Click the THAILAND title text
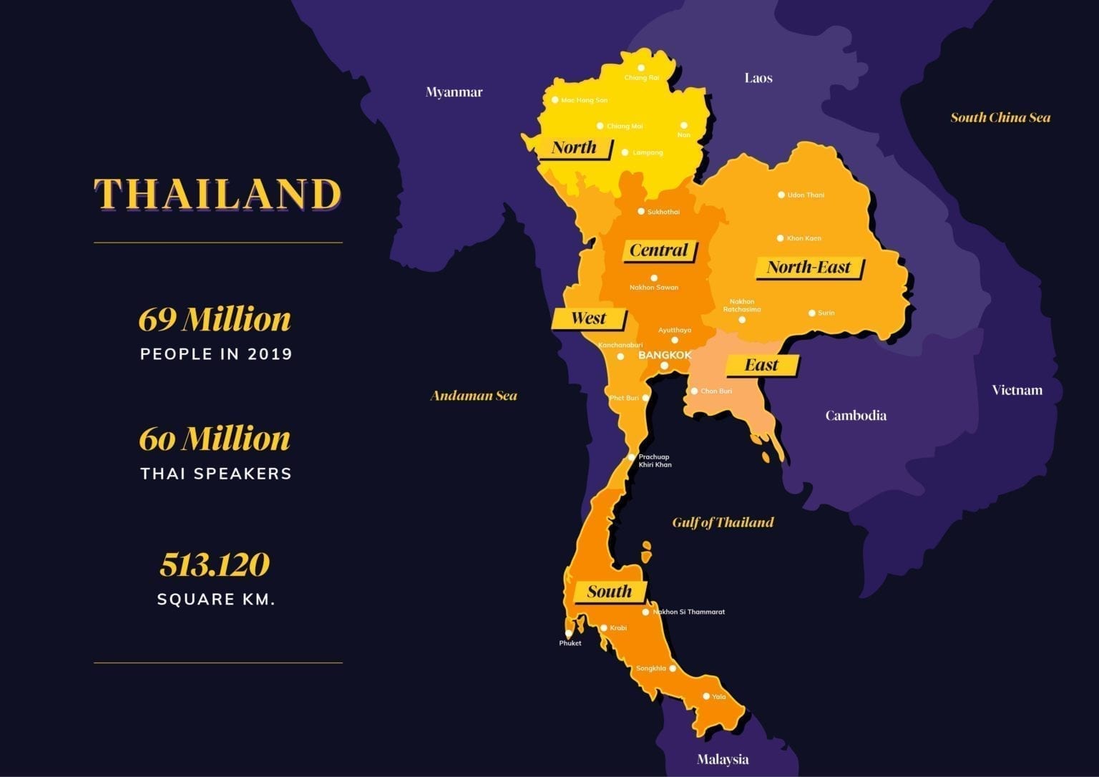point(218,194)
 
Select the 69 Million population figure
point(215,319)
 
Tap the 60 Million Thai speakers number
point(215,439)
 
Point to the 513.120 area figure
point(215,565)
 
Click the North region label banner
point(574,148)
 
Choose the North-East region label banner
point(809,268)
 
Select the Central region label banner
point(658,250)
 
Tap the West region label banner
point(588,318)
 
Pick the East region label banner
point(761,366)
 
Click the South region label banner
point(610,592)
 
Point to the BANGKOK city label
point(665,355)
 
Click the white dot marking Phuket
point(569,634)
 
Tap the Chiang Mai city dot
point(600,126)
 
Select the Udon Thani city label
point(806,195)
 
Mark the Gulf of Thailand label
point(723,522)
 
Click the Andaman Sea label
point(474,396)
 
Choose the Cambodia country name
point(856,416)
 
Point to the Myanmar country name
point(454,92)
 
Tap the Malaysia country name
point(723,759)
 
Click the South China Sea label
point(1000,118)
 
